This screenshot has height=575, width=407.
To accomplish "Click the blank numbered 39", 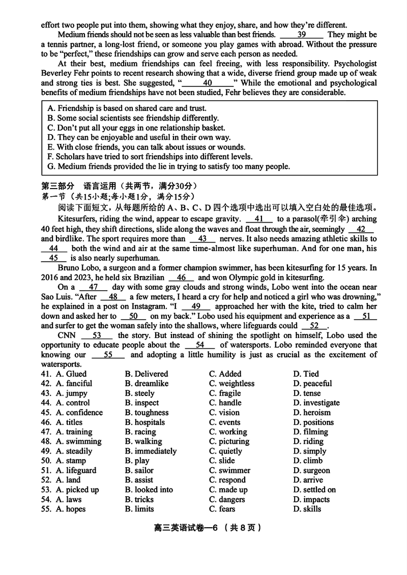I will point(302,35).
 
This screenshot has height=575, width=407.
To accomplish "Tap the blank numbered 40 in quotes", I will point(207,83).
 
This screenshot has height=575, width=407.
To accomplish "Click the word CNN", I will point(67,336).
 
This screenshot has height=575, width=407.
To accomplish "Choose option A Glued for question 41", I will point(71,374).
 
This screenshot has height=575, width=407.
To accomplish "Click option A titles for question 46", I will point(69,422).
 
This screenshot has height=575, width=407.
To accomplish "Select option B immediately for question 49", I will point(151,451).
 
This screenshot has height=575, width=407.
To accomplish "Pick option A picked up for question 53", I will point(77,490).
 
